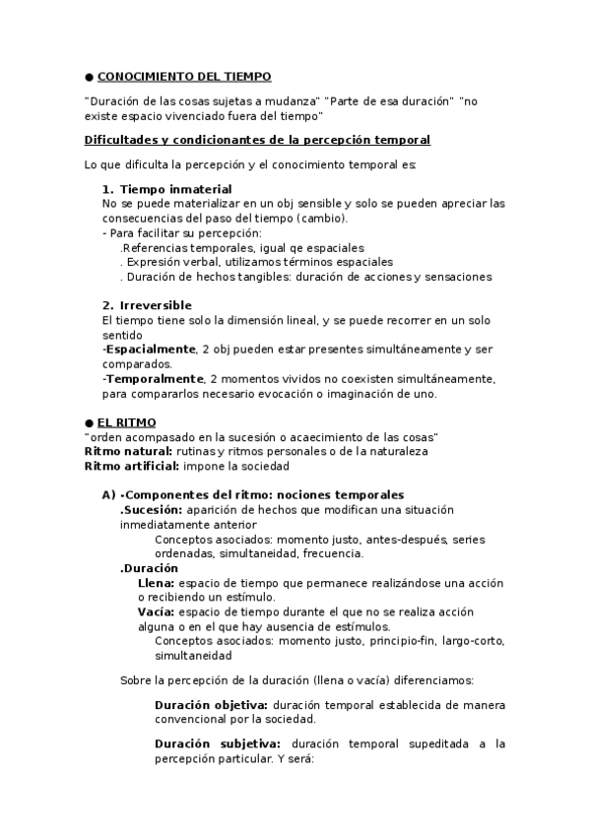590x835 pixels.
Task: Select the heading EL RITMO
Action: [118, 422]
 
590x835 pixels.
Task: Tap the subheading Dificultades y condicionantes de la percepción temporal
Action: [257, 141]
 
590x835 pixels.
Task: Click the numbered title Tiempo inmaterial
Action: [175, 189]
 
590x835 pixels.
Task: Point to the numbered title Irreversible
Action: [156, 305]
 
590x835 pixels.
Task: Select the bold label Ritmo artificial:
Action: [128, 466]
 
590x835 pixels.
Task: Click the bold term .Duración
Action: [149, 568]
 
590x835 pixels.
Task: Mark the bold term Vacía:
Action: [157, 611]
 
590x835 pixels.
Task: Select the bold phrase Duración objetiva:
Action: [211, 705]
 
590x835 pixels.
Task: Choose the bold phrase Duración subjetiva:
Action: [218, 744]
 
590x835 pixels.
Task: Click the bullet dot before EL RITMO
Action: [89, 422]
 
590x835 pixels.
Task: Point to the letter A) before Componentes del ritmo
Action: [109, 494]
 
